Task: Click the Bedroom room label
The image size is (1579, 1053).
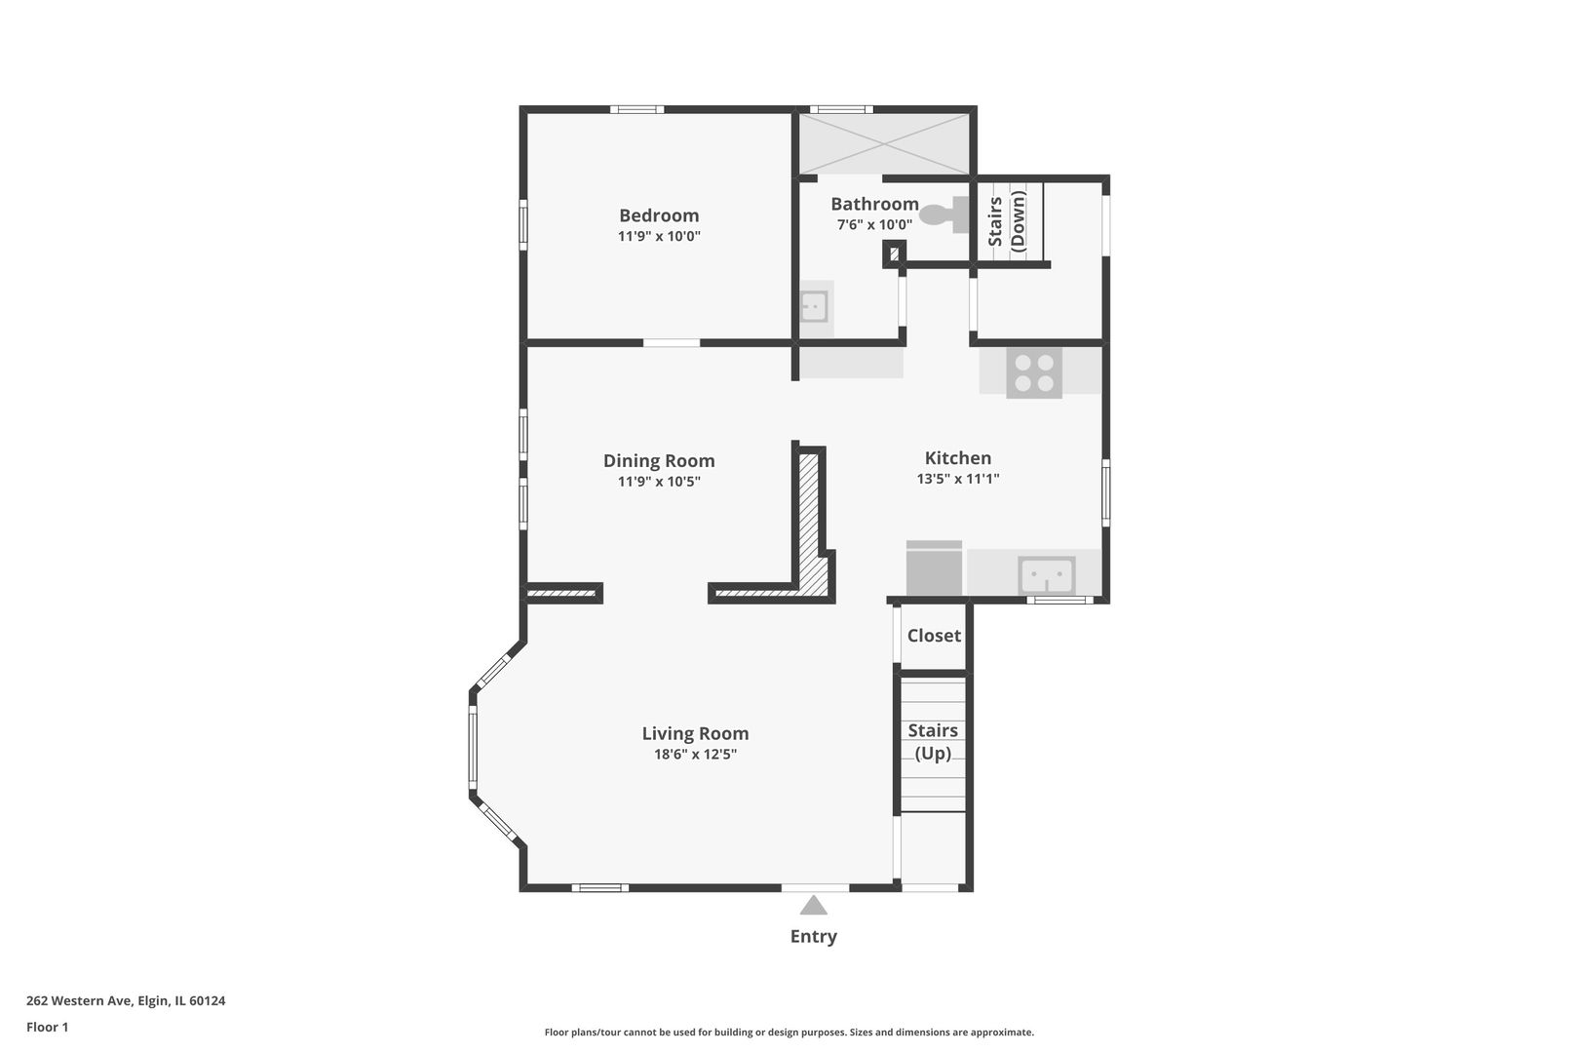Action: coord(659,215)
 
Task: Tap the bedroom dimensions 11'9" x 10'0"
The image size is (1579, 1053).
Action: coord(659,237)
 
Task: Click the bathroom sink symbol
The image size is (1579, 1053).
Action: coord(813,306)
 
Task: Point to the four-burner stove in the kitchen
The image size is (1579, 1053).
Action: coord(1034,372)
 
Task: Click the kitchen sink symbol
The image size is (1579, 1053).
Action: coord(1046,576)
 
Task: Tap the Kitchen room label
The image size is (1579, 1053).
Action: coord(957,458)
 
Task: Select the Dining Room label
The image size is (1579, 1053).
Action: coord(659,461)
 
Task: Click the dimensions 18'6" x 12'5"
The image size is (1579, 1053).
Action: coord(695,755)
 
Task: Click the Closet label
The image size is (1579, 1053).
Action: coord(934,636)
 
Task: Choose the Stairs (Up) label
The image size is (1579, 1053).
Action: coord(933,742)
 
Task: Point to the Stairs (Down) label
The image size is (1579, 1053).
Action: coord(1007,221)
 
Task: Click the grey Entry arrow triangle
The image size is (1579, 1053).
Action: coord(814,907)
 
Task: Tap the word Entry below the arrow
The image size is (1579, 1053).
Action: coord(813,937)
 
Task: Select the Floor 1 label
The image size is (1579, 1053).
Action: coord(47,1027)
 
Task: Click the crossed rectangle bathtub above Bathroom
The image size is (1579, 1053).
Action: coord(884,143)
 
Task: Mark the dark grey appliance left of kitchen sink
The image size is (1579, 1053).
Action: coord(934,569)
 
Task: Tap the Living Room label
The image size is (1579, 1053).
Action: coord(695,734)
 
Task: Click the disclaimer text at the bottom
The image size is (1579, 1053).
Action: coord(789,1033)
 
